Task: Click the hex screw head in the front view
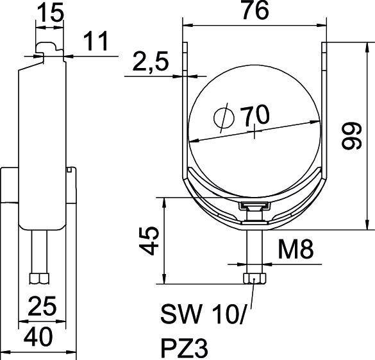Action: (x=253, y=277)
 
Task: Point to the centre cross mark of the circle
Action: (x=256, y=133)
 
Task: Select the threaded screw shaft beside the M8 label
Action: (x=253, y=250)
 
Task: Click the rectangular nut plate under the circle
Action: (x=253, y=206)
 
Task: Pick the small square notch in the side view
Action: (x=69, y=170)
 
